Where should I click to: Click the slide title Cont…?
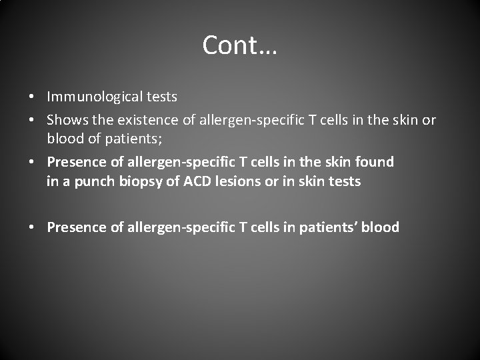[x=239, y=45]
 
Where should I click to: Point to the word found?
[x=375, y=162]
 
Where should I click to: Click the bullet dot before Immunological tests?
[x=33, y=97]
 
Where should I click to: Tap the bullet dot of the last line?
[x=33, y=228]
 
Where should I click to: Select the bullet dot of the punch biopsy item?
[x=33, y=163]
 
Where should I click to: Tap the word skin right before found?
[x=338, y=162]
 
